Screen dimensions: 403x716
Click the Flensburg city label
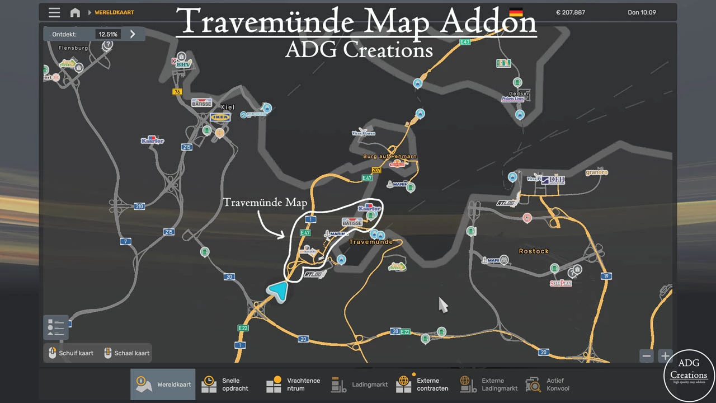click(73, 48)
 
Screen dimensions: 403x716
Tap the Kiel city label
click(228, 107)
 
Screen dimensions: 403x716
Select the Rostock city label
click(534, 251)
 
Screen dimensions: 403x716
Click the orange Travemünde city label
click(370, 242)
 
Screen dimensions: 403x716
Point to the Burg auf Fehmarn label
click(390, 157)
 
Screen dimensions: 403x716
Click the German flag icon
click(516, 12)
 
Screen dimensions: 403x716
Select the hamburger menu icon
click(54, 12)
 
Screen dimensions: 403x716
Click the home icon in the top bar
click(75, 12)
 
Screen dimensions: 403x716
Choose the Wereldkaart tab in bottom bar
click(163, 385)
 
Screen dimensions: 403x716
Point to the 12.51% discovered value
click(107, 34)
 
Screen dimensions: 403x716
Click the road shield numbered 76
click(177, 92)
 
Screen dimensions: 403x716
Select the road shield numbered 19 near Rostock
click(606, 276)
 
